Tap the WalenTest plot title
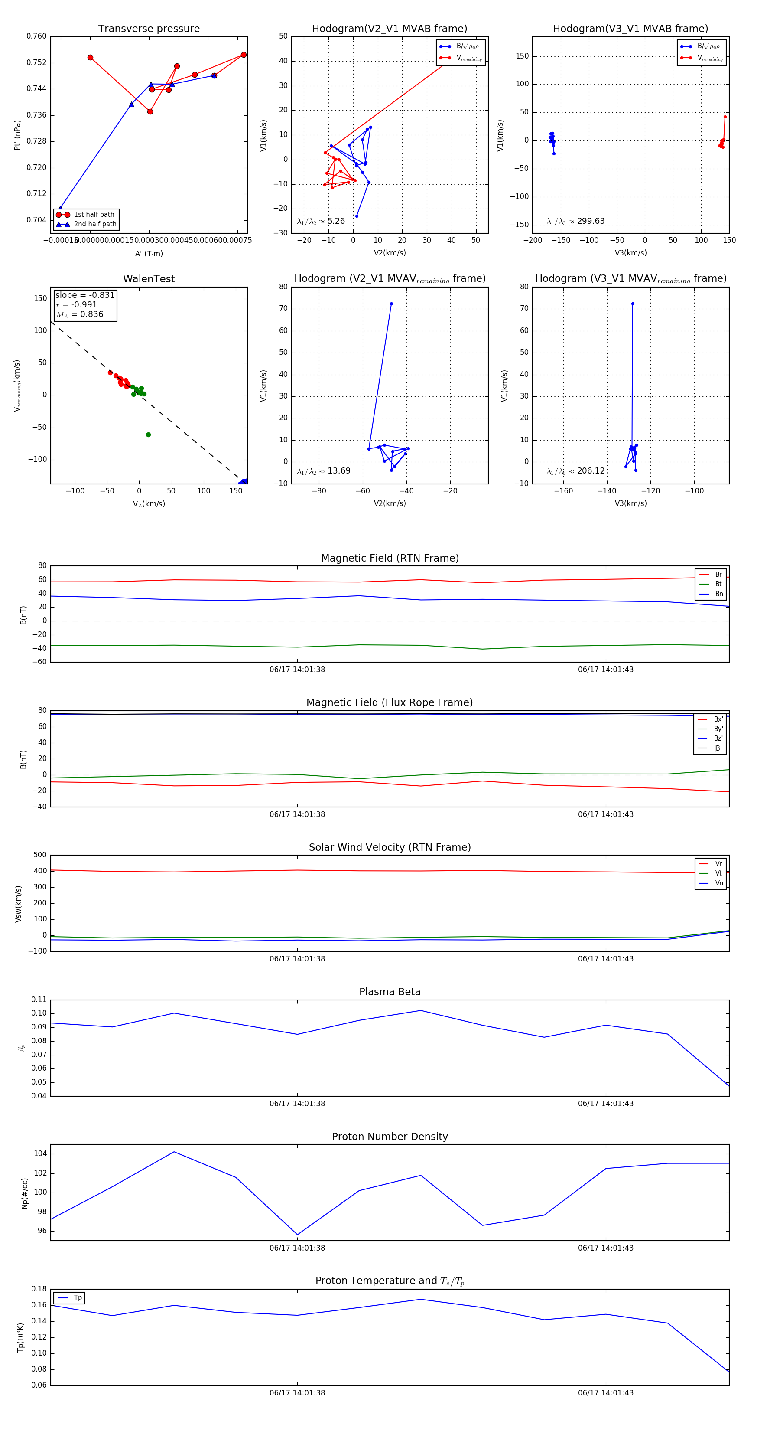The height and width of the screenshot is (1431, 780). [149, 279]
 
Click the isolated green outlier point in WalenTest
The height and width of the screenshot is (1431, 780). [148, 435]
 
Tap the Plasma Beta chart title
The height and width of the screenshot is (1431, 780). [390, 992]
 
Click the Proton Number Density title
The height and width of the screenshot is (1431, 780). [390, 1137]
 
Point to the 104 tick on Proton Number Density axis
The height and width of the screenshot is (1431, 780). [40, 1154]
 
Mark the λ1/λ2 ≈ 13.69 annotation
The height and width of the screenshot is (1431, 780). [324, 471]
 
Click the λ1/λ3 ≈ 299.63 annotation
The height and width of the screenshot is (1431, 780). [576, 221]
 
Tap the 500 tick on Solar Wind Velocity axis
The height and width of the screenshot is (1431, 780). [40, 855]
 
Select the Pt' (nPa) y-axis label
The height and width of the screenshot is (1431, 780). [17, 135]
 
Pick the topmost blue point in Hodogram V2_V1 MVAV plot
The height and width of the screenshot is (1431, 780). [391, 304]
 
